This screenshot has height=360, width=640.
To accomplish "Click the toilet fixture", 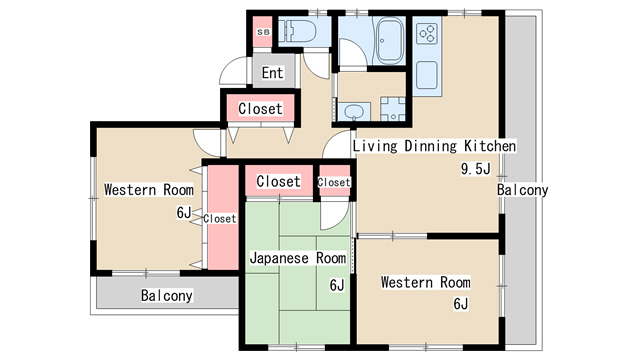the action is (x=297, y=30).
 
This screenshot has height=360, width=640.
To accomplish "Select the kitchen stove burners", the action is (x=427, y=33).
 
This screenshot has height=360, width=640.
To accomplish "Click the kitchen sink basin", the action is (x=427, y=75).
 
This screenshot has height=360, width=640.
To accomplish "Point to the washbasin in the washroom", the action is (x=353, y=112).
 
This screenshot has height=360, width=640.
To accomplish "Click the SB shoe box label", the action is (x=263, y=32).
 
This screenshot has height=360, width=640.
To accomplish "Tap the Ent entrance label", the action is (x=273, y=73).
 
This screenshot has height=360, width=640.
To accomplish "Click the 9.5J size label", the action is (x=476, y=168).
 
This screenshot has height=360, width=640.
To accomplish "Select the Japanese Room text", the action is (x=298, y=258).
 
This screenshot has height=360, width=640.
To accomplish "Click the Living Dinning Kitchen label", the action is (x=434, y=146).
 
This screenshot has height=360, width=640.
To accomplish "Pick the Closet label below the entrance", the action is (x=260, y=109).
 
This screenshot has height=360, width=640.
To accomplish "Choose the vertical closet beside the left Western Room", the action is (x=223, y=217).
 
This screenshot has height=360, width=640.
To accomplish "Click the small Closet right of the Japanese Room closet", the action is (x=334, y=182).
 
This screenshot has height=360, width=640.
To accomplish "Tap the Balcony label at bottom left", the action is (x=167, y=295).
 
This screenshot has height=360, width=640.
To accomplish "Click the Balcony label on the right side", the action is (x=522, y=190).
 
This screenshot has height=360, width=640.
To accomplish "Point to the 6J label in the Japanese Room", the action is (x=337, y=285).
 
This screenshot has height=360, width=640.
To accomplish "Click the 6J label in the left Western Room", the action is (x=184, y=212).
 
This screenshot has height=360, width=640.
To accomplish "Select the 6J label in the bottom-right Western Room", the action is (x=461, y=304).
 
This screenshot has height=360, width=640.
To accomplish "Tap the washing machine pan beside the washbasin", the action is (x=393, y=109).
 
